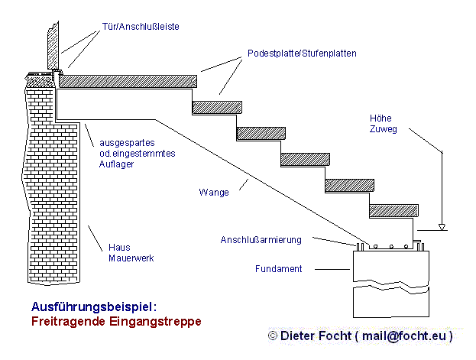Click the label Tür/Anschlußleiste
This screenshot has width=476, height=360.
pyautogui.click(x=141, y=26)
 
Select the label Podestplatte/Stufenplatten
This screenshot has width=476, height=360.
pyautogui.click(x=302, y=54)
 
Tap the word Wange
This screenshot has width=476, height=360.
pyautogui.click(x=215, y=193)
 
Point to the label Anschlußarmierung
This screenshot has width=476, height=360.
pyautogui.click(x=261, y=239)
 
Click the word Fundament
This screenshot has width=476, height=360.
pyautogui.click(x=278, y=269)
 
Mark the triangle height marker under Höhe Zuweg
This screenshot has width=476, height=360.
pyautogui.click(x=442, y=227)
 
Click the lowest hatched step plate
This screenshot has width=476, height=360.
pyautogui.click(x=393, y=211)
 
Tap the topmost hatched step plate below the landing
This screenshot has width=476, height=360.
pyautogui.click(x=216, y=107)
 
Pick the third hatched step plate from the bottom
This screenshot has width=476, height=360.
pyautogui.click(x=305, y=159)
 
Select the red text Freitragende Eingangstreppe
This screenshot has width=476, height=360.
pyautogui.click(x=116, y=321)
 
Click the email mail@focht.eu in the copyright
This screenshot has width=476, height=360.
pyautogui.click(x=403, y=336)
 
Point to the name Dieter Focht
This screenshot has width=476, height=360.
pyautogui.click(x=316, y=336)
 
